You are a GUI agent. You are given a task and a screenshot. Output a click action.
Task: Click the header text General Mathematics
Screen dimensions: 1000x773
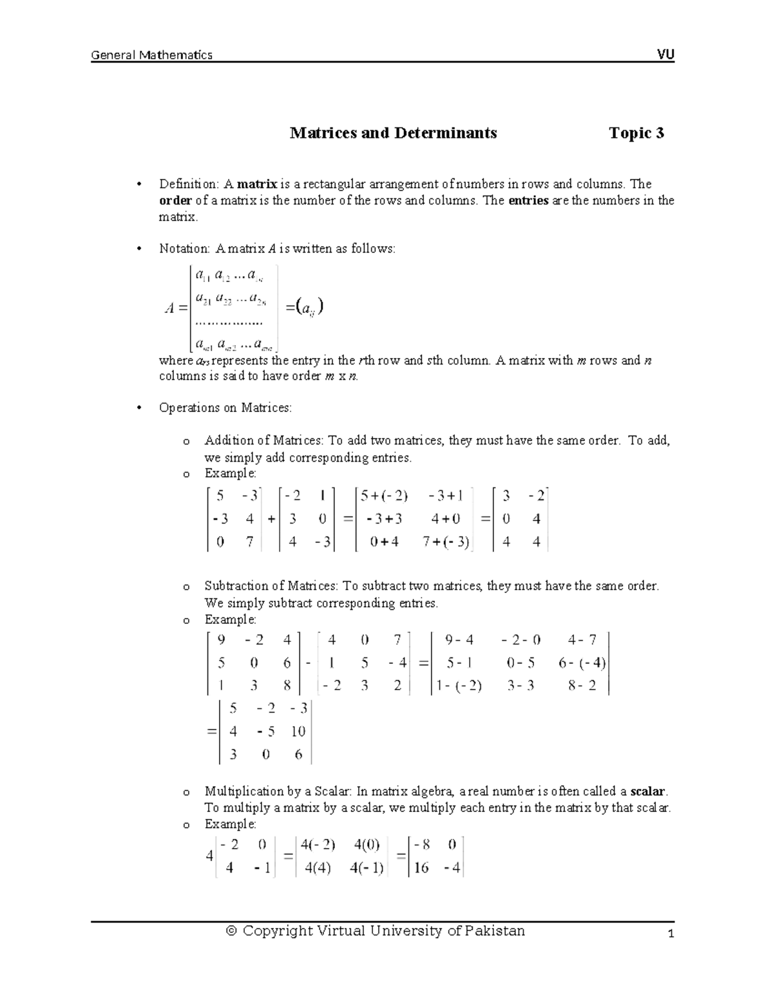(151, 55)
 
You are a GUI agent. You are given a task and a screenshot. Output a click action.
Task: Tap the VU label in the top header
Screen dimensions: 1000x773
(665, 55)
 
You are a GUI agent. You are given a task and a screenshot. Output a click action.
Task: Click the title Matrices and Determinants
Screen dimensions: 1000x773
(393, 133)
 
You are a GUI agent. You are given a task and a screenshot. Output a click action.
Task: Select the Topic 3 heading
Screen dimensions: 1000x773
(636, 133)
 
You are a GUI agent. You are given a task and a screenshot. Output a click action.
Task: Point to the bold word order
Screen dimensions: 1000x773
(175, 200)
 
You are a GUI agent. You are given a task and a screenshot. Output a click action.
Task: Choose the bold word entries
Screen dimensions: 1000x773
(528, 200)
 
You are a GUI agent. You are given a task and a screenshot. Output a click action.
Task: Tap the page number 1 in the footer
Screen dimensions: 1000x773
(671, 935)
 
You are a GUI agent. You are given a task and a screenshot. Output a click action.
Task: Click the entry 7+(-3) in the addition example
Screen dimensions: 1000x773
(446, 542)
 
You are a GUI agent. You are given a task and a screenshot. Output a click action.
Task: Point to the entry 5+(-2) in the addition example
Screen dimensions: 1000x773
(384, 496)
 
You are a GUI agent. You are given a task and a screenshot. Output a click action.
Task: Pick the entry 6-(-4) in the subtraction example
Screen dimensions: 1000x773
(582, 663)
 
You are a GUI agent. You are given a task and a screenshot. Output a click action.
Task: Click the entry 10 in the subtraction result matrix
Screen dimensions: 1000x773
(298, 731)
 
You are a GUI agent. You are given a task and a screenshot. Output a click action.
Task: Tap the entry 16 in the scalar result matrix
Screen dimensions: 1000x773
(421, 868)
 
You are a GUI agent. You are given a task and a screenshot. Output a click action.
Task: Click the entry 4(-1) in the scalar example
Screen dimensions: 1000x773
(368, 868)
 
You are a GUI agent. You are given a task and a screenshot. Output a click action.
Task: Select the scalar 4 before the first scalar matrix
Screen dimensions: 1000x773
(209, 856)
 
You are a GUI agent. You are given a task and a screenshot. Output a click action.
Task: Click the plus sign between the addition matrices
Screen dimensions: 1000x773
(271, 520)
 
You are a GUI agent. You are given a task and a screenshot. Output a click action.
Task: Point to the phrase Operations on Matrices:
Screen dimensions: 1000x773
(225, 408)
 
